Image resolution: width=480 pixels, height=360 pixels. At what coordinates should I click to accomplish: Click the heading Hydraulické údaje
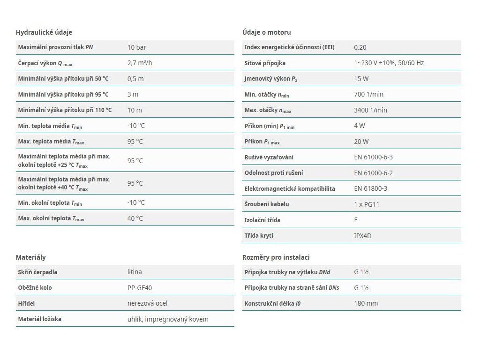(44, 32)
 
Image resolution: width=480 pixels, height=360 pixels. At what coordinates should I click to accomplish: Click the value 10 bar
(136, 47)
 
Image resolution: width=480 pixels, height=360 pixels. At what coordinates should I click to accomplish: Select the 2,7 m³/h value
(140, 63)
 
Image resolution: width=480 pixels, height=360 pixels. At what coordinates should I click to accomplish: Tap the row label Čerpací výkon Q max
(45, 63)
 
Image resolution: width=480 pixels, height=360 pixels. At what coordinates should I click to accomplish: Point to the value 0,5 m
(135, 79)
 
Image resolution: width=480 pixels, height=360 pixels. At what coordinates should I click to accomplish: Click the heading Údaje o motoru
(267, 32)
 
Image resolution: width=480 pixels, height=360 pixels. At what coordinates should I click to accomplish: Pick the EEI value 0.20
(360, 47)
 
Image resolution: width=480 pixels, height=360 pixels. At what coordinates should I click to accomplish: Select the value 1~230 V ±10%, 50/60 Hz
(389, 63)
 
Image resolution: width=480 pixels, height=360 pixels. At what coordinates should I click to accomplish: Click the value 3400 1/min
(370, 110)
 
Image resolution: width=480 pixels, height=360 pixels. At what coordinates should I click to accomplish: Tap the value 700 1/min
(368, 94)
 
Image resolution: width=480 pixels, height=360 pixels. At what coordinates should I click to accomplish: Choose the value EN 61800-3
(370, 188)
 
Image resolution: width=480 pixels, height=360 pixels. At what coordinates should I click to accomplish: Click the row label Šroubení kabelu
(267, 204)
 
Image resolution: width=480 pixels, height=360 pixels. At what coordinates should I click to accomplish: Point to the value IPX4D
(363, 236)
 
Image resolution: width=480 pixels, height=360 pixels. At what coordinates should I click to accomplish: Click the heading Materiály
(30, 257)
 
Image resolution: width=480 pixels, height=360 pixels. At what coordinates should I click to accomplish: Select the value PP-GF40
(140, 288)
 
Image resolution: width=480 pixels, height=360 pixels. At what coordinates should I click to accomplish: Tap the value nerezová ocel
(148, 303)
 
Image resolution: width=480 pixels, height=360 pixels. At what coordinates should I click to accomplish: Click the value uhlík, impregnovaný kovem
(168, 319)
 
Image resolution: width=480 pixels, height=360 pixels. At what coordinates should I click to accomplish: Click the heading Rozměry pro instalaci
(276, 257)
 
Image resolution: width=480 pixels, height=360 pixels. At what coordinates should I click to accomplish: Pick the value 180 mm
(366, 303)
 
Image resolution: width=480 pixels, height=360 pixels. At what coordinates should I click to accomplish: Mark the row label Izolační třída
(262, 220)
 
